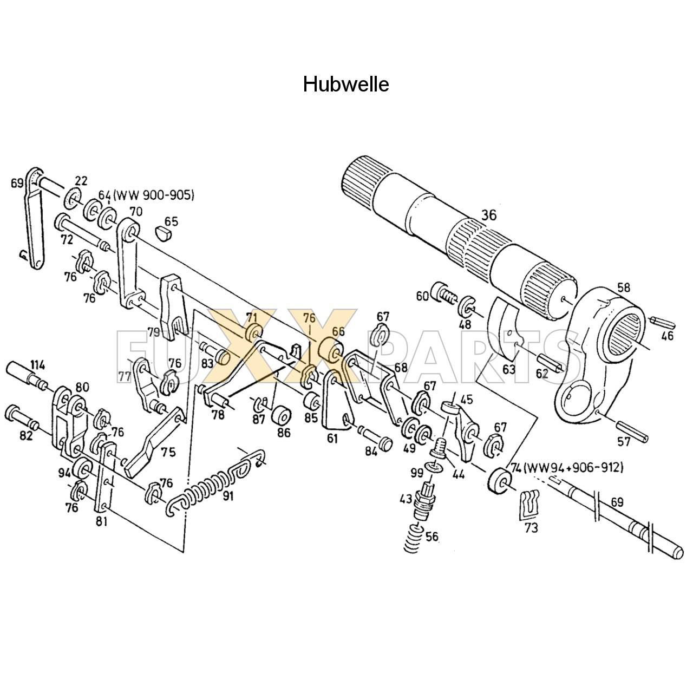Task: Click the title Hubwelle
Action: tap(346, 84)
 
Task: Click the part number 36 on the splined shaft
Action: tap(488, 215)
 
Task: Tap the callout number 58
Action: tap(624, 287)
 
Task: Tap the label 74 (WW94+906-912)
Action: tap(566, 467)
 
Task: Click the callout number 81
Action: tap(102, 521)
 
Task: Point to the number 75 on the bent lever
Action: tap(168, 452)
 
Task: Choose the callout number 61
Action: tap(332, 439)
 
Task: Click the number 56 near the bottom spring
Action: tap(432, 537)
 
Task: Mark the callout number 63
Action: tap(509, 370)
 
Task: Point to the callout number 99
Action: tap(415, 472)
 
